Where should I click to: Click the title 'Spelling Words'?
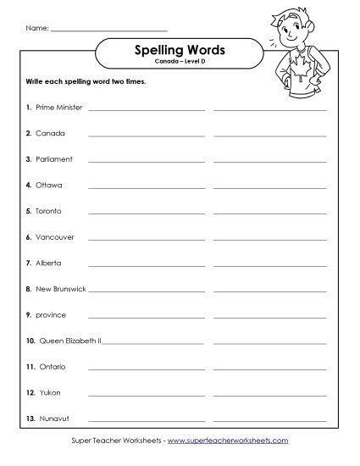pos(179,52)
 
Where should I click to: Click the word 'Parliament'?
pos(54,159)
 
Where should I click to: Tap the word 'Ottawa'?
pos(49,185)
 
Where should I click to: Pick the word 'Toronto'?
pos(49,211)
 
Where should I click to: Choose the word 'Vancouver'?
pos(54,237)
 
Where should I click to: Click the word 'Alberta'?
pos(49,263)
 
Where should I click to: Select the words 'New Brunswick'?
pos(60,289)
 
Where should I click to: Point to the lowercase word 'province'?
pos(50,315)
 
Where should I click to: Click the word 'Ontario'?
pos(52,367)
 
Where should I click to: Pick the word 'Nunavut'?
pos(52,419)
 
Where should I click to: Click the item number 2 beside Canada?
pos(28,134)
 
